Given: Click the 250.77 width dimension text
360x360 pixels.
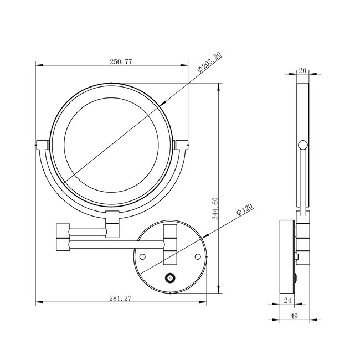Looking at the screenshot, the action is pyautogui.click(x=121, y=62).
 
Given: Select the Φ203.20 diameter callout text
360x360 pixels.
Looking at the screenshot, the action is pyautogui.click(x=209, y=62).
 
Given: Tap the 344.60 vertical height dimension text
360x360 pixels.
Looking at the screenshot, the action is pyautogui.click(x=215, y=209).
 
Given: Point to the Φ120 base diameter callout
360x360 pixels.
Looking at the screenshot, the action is pyautogui.click(x=244, y=209).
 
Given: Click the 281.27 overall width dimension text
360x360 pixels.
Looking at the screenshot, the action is pyautogui.click(x=120, y=299).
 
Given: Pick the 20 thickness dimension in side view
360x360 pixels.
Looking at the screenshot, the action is pyautogui.click(x=303, y=71).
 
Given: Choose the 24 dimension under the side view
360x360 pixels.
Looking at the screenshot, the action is pyautogui.click(x=287, y=300).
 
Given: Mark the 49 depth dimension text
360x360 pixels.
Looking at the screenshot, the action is pyautogui.click(x=294, y=316).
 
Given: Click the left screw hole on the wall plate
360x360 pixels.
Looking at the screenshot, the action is pyautogui.click(x=142, y=256).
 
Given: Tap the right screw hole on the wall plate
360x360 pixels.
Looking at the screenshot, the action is pyautogui.click(x=198, y=256).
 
